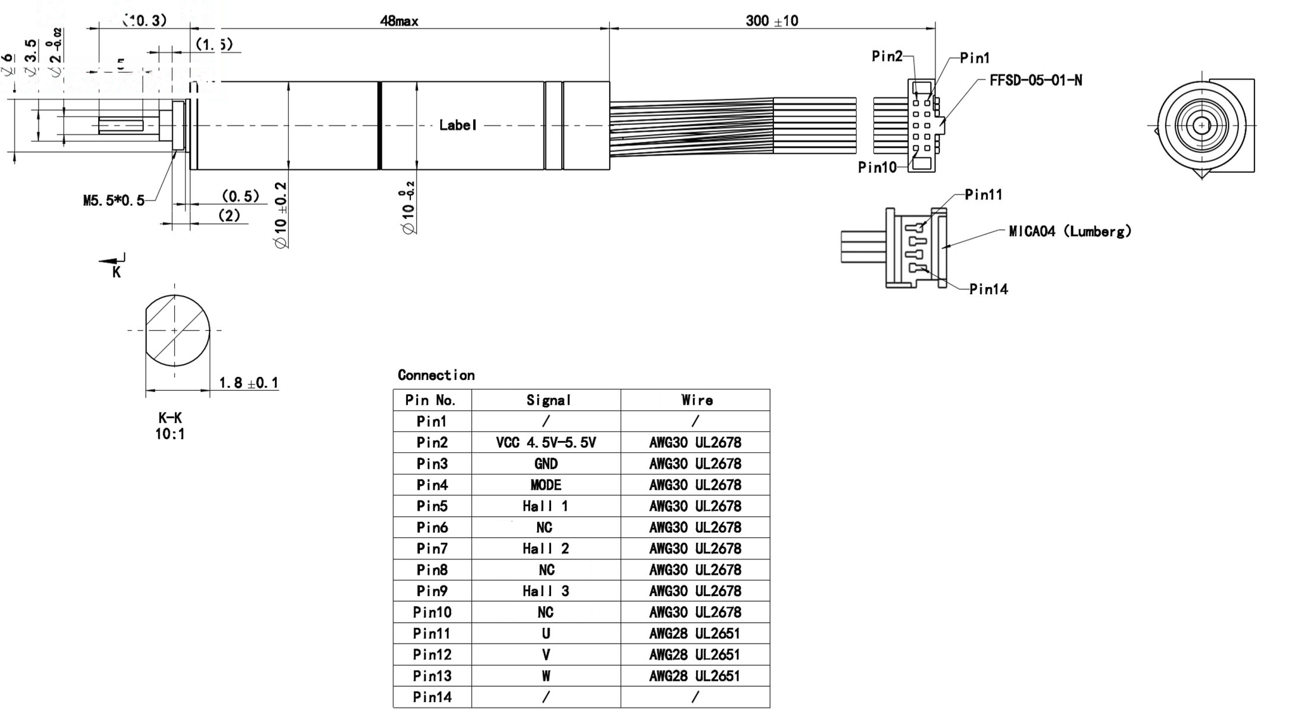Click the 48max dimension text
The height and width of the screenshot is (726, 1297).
click(x=399, y=21)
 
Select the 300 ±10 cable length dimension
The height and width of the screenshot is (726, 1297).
click(x=771, y=21)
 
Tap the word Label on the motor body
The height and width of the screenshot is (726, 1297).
click(x=458, y=125)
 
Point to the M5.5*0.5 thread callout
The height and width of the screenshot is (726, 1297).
click(x=114, y=201)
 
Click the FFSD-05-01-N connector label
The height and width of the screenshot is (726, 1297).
click(x=1035, y=80)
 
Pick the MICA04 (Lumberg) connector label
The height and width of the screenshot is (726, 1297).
click(x=1070, y=231)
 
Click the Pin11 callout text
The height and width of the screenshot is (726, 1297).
click(x=984, y=194)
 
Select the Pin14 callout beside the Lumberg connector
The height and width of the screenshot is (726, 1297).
click(x=988, y=290)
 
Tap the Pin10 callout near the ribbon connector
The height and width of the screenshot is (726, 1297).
click(x=877, y=167)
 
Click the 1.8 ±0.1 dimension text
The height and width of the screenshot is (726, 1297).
click(x=248, y=383)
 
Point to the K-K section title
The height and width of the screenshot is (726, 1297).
click(x=170, y=418)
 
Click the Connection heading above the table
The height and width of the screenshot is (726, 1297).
click(x=436, y=375)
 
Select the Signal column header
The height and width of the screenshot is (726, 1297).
click(x=548, y=400)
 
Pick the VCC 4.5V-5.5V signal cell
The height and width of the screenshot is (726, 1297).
click(x=545, y=443)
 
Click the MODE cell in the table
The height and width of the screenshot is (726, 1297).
click(x=545, y=485)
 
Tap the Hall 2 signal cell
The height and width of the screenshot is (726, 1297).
click(x=545, y=549)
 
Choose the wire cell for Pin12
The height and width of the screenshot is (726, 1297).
click(x=695, y=654)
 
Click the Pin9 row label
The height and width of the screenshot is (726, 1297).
click(x=432, y=591)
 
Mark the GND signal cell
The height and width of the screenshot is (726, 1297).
click(x=545, y=464)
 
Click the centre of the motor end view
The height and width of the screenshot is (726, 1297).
click(x=1201, y=125)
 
